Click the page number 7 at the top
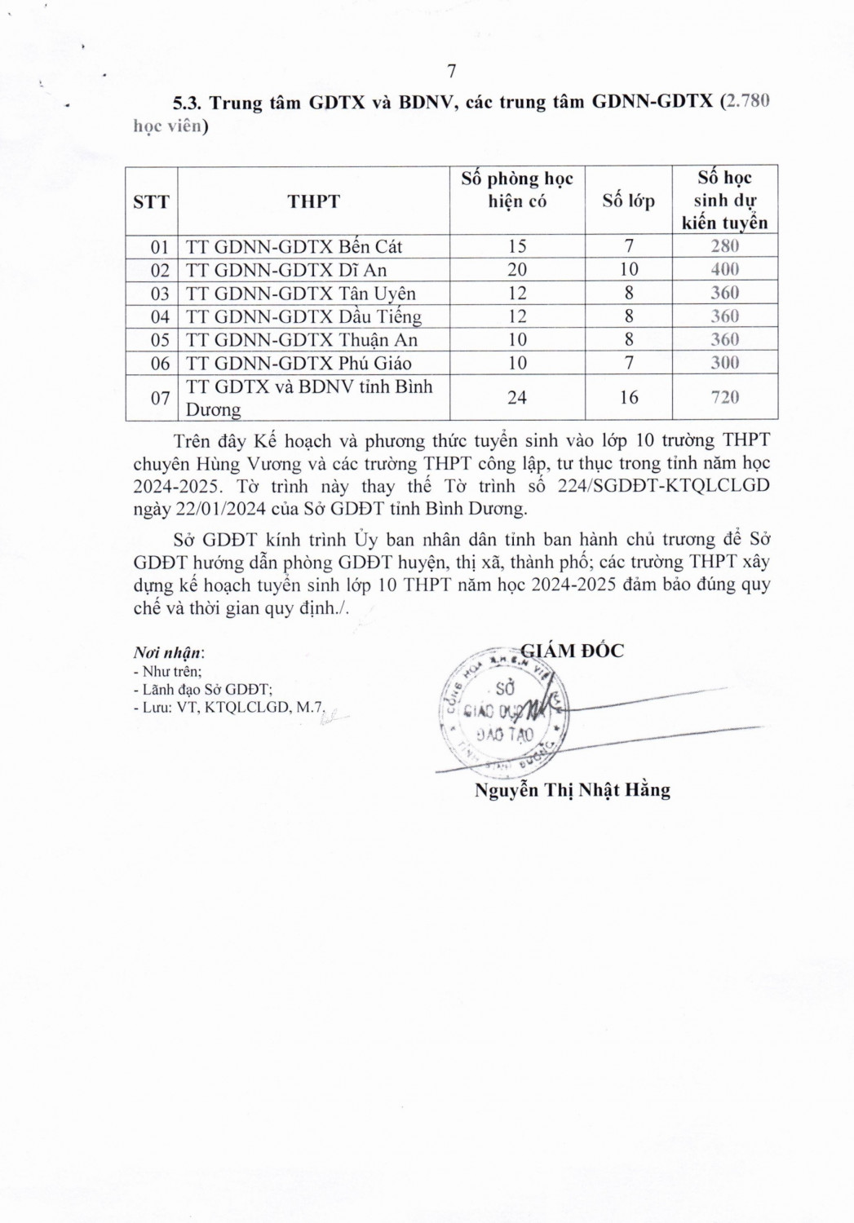pyautogui.click(x=451, y=70)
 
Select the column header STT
pyautogui.click(x=151, y=201)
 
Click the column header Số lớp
pyautogui.click(x=628, y=201)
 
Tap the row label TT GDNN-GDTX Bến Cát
pyautogui.click(x=294, y=246)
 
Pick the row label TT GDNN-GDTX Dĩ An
pyautogui.click(x=285, y=270)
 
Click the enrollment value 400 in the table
pyautogui.click(x=724, y=270)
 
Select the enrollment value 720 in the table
pyautogui.click(x=724, y=397)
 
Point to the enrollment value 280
pyautogui.click(x=724, y=246)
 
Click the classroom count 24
pyautogui.click(x=517, y=397)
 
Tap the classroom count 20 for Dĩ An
pyautogui.click(x=517, y=270)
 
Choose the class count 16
pyautogui.click(x=628, y=397)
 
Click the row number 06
pyautogui.click(x=160, y=364)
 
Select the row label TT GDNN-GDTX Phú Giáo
pyautogui.click(x=299, y=364)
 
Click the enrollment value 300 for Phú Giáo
pyautogui.click(x=724, y=364)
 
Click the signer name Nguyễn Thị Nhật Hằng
pyautogui.click(x=572, y=790)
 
